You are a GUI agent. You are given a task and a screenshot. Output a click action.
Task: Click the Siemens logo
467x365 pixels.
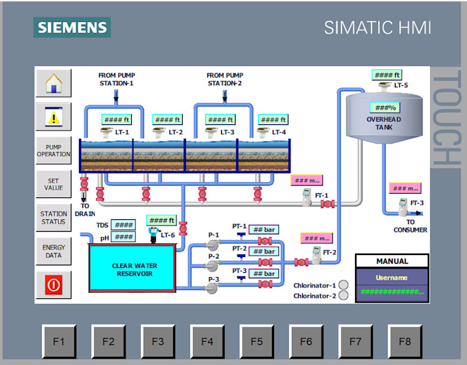point(72,27)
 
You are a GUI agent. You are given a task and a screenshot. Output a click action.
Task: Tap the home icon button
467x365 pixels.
point(54,83)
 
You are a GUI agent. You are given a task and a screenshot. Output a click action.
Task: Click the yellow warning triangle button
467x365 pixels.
point(54,117)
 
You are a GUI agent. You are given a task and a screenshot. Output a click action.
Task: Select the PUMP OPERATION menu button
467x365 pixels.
point(54,151)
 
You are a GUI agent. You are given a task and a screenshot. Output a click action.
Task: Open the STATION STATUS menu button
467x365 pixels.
point(54,218)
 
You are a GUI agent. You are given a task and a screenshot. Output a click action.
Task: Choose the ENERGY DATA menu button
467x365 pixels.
point(54,252)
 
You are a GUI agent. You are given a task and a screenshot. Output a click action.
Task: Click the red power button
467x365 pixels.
point(54,284)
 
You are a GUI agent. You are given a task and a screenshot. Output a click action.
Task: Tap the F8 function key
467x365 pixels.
point(405,341)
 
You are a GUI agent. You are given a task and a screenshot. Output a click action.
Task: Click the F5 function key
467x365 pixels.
point(256,341)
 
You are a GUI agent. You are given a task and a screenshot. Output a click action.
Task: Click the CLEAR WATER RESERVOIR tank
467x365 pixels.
point(133,269)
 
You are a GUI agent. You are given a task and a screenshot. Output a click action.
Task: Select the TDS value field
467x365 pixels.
point(124,225)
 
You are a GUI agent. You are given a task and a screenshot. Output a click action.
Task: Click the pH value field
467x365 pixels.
point(124,237)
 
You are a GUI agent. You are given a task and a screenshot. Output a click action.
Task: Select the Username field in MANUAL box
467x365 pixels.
point(391,278)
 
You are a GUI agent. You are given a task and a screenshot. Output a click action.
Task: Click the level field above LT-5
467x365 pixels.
point(387,75)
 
